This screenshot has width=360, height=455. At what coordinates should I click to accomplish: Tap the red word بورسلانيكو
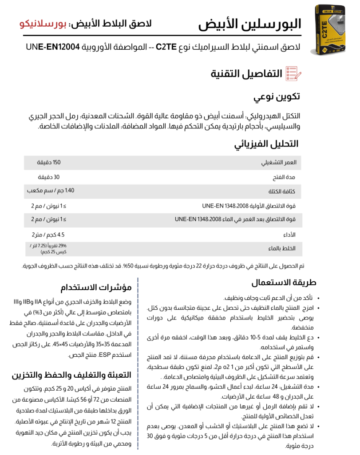[42, 23]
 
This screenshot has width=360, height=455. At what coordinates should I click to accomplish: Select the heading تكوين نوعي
[277, 97]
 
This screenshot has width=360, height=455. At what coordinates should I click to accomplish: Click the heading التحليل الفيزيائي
[266, 144]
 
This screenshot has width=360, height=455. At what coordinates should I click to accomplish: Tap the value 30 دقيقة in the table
[51, 177]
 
